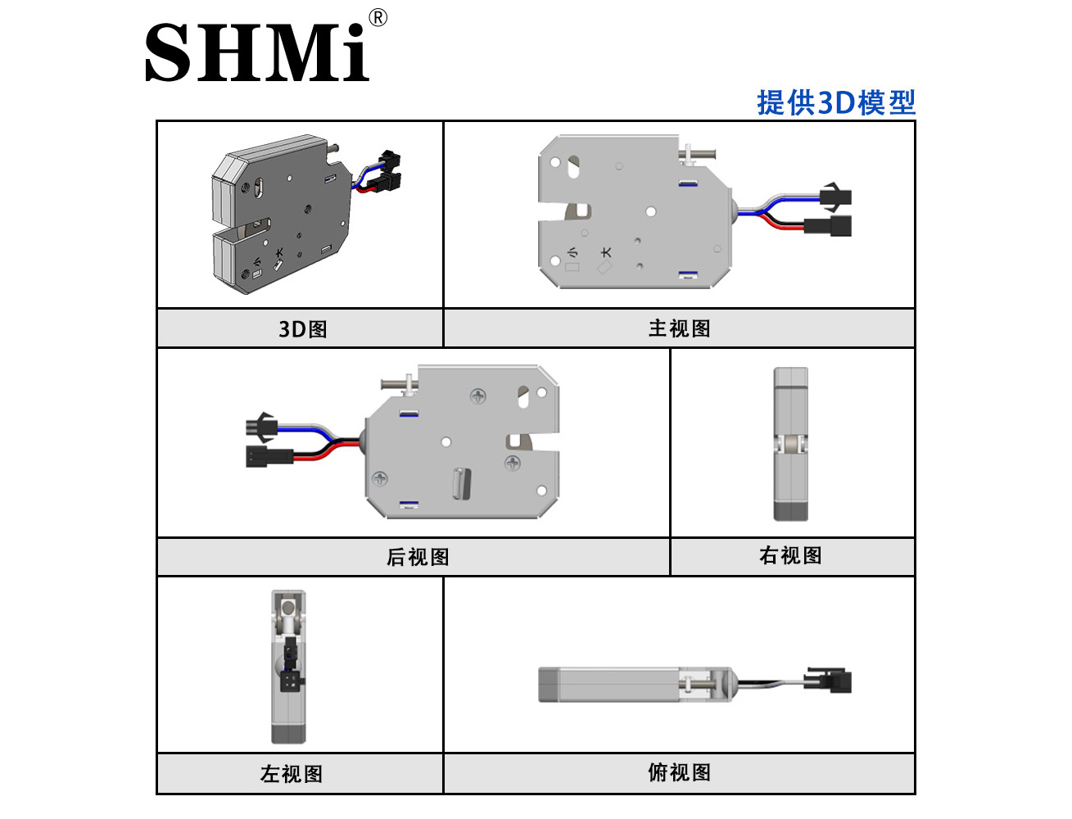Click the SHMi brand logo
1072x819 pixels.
[x=257, y=52]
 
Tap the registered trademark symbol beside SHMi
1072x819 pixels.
[x=378, y=18]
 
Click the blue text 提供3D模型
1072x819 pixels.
[x=836, y=102]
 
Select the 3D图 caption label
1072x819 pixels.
[x=303, y=329]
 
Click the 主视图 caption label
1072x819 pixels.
[x=680, y=328]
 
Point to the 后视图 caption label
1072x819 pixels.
[x=418, y=557]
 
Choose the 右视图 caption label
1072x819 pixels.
[x=790, y=555]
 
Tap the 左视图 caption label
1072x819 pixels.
[x=292, y=774]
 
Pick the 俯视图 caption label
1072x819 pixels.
[x=680, y=772]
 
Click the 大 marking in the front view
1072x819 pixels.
[x=606, y=252]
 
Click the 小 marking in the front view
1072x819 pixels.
[x=572, y=252]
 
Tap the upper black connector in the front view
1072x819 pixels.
[x=835, y=197]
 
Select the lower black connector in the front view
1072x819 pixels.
[x=828, y=226]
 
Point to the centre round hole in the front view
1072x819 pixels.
[x=650, y=211]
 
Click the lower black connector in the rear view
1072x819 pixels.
[x=269, y=456]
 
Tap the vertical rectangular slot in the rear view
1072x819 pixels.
[x=462, y=483]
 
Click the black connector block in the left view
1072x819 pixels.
[x=290, y=681]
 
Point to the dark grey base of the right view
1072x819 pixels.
[x=790, y=511]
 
